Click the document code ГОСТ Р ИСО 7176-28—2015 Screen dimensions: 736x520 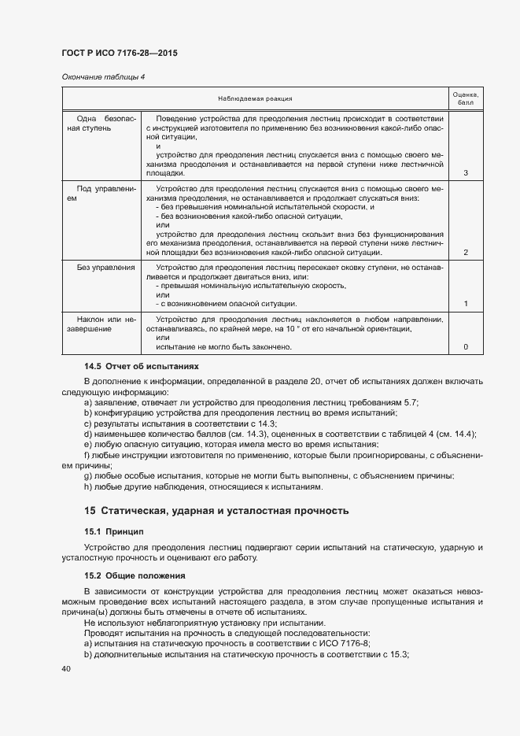[119, 53]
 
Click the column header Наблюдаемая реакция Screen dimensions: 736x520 [255, 98]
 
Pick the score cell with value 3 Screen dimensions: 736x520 [466, 172]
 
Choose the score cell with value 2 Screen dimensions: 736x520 [466, 252]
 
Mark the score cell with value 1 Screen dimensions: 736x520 [466, 303]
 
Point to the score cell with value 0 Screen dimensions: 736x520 [466, 346]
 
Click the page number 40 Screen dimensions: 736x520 [66, 669]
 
